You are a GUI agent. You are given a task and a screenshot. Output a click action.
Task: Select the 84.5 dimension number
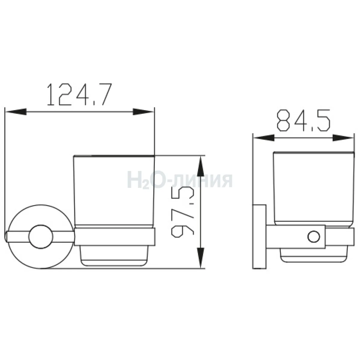[303, 121]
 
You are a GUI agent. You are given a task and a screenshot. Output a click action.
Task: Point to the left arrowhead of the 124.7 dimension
[16, 112]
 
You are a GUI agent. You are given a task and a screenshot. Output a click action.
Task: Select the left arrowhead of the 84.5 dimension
[264, 138]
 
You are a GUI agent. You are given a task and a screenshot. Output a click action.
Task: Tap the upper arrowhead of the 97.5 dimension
[201, 166]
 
